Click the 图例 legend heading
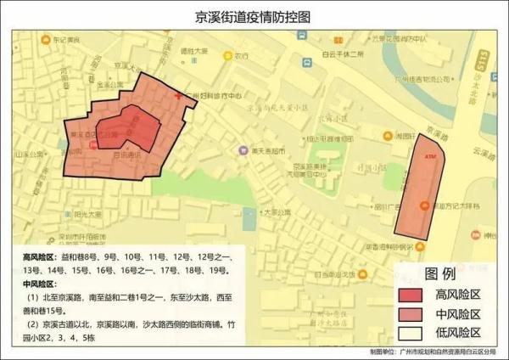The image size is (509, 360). point(440,274)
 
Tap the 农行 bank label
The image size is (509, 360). point(240,55)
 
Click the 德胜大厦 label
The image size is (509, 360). point(193,50)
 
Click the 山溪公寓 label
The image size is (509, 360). point(31,155)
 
